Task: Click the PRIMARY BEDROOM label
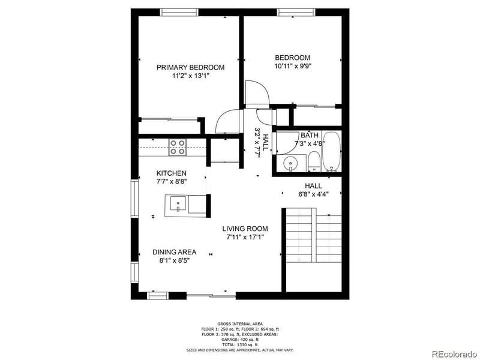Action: coord(190,67)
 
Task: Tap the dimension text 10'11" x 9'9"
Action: coord(293,66)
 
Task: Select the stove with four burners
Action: coord(177,147)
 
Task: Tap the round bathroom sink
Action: coord(290,163)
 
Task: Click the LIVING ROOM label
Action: coord(245,229)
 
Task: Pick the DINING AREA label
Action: coord(174,252)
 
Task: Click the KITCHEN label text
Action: coord(167,173)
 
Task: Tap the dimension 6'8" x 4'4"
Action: coord(313,194)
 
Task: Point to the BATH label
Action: coord(310,136)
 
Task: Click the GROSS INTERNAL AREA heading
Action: coord(240,323)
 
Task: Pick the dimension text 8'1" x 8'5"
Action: coord(174,260)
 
